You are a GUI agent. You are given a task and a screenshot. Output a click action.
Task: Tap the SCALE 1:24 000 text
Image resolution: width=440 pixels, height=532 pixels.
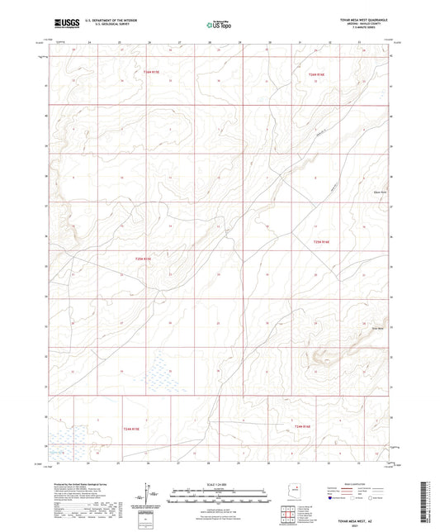219,485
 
